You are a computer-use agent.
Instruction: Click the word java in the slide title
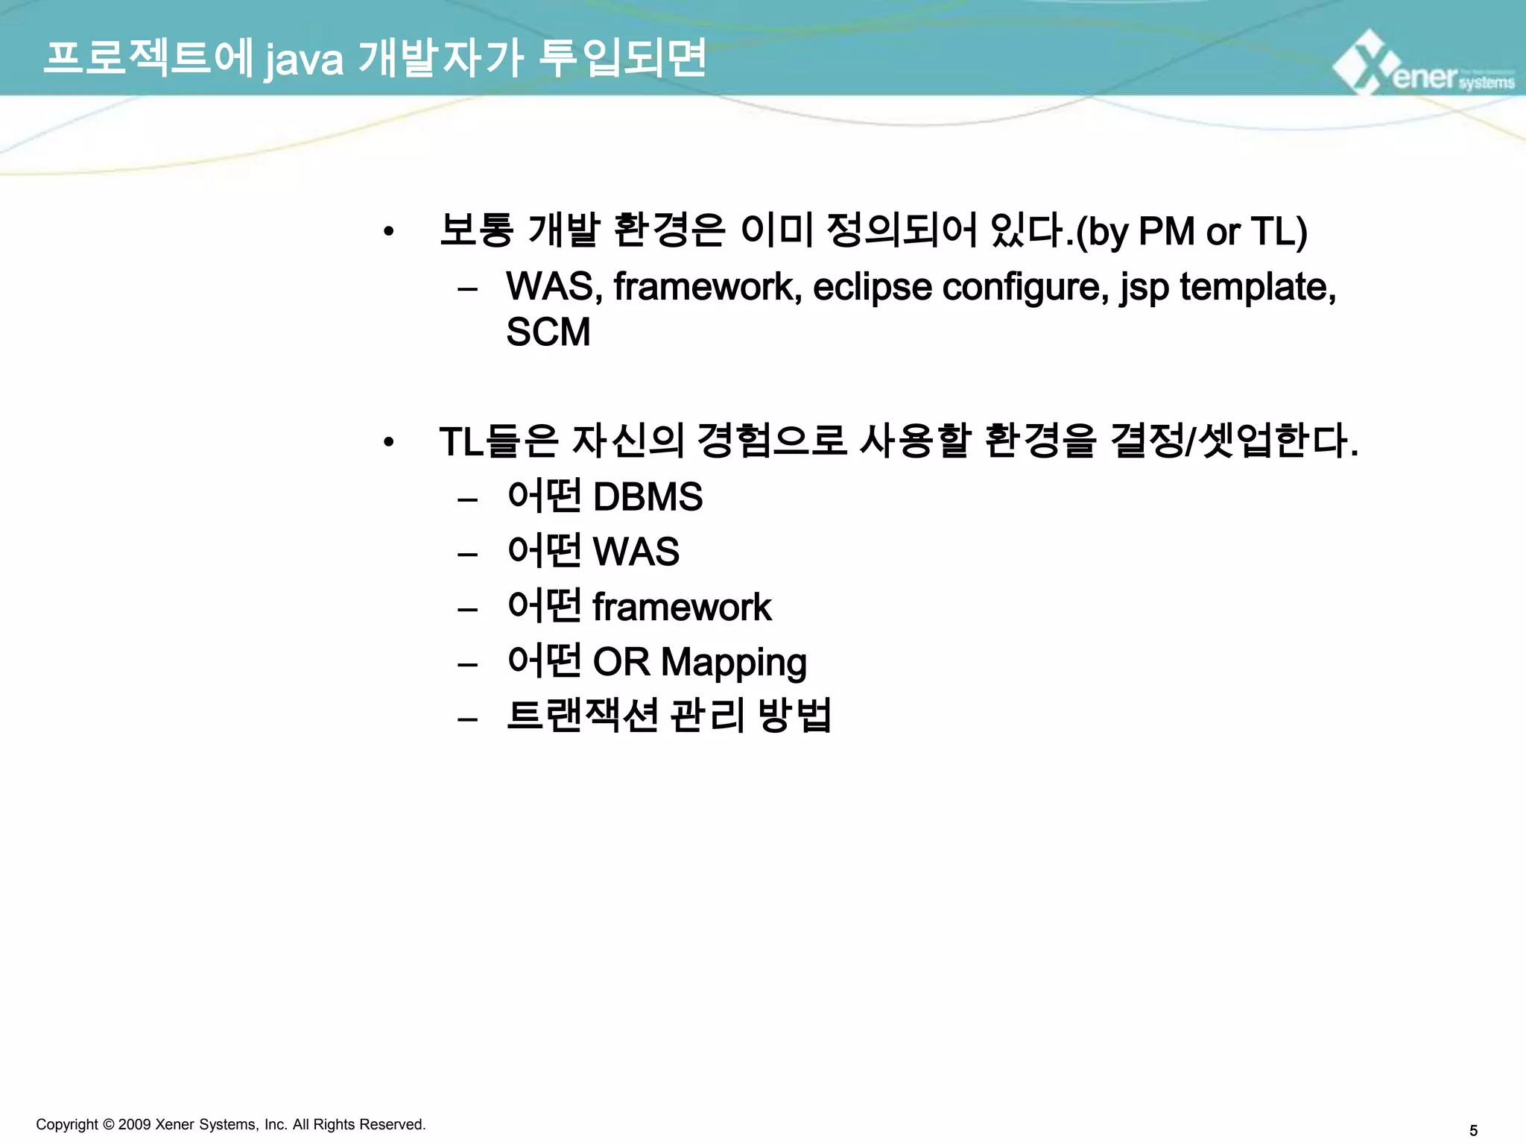(304, 60)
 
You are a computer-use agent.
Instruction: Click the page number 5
(1473, 1131)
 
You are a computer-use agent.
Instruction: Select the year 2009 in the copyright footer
(134, 1124)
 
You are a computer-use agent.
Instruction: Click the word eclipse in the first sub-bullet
(872, 287)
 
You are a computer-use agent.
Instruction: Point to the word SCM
(548, 332)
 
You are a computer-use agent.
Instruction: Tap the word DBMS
(647, 497)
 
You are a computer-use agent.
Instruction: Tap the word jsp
(1144, 288)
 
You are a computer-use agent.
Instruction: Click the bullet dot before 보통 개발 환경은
(388, 232)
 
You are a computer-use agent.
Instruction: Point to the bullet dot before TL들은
(388, 443)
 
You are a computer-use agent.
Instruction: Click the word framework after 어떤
(681, 607)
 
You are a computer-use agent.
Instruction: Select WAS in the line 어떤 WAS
(636, 552)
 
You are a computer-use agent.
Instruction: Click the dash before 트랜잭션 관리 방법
(467, 719)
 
